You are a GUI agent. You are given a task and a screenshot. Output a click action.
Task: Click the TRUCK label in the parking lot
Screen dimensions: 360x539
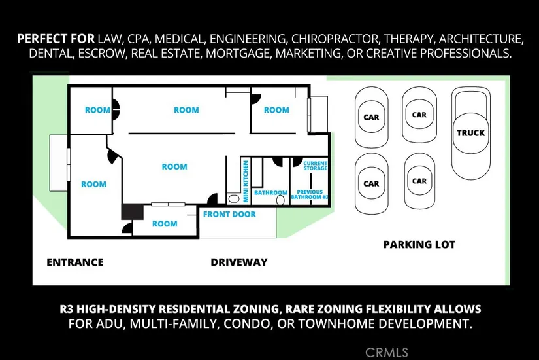(470, 133)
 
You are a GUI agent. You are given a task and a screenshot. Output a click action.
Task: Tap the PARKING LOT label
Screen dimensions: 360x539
(419, 245)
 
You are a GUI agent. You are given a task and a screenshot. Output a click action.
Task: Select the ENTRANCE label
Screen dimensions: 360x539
(74, 262)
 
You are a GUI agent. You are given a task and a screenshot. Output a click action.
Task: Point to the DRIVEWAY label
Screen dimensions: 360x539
(239, 262)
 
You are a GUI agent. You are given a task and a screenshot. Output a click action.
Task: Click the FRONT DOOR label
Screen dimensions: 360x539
(229, 215)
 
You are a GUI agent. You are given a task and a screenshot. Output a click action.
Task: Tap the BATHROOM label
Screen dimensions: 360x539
(270, 193)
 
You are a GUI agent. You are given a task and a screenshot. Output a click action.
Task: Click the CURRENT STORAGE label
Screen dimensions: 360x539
(316, 166)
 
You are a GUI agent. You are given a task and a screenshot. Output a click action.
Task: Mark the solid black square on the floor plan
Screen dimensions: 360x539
(133, 211)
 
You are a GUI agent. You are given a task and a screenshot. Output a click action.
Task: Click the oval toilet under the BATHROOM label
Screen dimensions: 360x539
(281, 201)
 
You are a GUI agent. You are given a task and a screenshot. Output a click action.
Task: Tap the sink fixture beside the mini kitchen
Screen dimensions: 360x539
(235, 198)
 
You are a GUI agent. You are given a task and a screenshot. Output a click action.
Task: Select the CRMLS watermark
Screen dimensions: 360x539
(387, 352)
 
